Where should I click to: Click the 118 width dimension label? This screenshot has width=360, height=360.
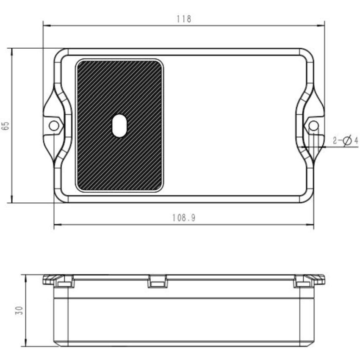tap(184, 19)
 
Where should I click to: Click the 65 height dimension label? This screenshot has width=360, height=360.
tap(6, 126)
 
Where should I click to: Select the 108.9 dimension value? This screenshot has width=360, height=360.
tap(184, 218)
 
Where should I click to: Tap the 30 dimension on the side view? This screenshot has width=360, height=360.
tap(20, 310)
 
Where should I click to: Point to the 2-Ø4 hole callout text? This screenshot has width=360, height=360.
tap(346, 140)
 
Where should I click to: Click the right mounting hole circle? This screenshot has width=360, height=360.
tap(313, 126)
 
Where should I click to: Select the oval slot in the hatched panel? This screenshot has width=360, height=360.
tap(119, 126)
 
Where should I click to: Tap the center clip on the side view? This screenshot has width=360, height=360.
tap(157, 281)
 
